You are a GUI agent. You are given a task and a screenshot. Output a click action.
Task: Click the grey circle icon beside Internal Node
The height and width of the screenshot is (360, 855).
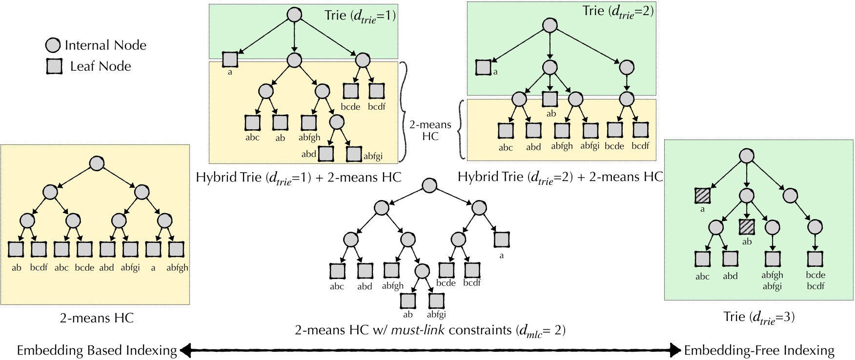[53, 45]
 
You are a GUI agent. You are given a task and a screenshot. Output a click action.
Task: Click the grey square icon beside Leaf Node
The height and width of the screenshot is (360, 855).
[54, 66]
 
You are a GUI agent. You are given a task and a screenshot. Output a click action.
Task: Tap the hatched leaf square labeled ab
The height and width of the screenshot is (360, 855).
[747, 227]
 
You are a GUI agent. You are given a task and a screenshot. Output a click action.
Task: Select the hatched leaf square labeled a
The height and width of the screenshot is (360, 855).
[702, 196]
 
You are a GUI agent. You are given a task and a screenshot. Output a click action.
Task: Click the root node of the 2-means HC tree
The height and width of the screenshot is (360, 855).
[97, 164]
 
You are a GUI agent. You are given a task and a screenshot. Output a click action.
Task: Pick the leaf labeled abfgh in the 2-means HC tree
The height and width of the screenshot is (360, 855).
[176, 249]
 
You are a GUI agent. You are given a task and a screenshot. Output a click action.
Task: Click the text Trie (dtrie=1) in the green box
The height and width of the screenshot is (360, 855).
[360, 16]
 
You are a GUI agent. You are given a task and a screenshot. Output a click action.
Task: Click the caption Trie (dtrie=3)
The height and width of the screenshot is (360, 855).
[759, 317]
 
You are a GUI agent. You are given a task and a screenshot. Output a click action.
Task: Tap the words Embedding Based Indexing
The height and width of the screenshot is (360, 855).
[97, 350]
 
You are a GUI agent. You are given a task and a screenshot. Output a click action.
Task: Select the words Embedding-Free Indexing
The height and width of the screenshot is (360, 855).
[759, 350]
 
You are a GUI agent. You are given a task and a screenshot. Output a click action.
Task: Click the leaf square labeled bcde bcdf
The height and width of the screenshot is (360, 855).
[815, 259]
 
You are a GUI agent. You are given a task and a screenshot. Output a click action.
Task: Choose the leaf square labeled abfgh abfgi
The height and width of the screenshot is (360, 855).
[772, 259]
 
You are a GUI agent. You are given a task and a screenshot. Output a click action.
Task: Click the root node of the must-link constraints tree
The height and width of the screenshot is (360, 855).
[429, 186]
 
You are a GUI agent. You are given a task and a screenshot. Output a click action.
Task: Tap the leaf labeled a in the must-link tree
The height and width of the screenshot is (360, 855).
[502, 240]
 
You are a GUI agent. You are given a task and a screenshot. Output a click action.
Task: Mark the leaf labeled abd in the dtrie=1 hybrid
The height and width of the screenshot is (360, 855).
[326, 153]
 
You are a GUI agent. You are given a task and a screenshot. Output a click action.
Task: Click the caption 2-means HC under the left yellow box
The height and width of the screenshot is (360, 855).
[97, 318]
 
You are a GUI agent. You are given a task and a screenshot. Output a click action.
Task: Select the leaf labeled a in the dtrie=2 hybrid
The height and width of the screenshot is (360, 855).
[483, 67]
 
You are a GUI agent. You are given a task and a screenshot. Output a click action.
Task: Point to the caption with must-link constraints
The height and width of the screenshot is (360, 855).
[430, 330]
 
